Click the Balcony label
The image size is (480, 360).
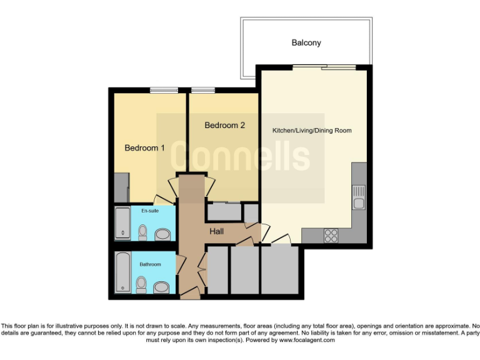point(306,42)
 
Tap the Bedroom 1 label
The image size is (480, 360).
point(144,148)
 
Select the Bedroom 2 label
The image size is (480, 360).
point(224,126)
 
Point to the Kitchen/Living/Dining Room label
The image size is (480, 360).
point(312,131)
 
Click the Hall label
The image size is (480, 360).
point(216,231)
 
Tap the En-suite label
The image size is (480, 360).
point(149,211)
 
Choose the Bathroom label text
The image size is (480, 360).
point(150,264)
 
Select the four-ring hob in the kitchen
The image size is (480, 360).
point(331,236)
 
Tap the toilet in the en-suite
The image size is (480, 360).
point(142,233)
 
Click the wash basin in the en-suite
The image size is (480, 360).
point(162,234)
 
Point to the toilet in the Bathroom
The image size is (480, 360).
point(142,286)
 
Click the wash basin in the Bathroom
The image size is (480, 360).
point(162,287)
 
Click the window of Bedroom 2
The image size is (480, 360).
point(203,90)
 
